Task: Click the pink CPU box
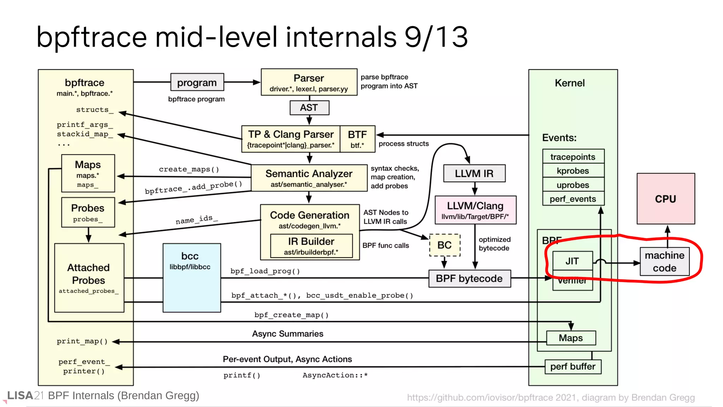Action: point(665,199)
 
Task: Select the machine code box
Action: point(664,261)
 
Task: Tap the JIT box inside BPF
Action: point(572,261)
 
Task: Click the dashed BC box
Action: point(444,245)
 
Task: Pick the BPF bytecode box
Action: point(469,278)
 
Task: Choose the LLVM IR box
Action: point(474,173)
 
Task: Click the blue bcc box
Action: point(192,278)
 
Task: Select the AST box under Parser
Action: point(309,108)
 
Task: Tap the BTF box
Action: point(357,139)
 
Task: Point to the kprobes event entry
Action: point(573,171)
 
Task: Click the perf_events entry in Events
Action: point(573,199)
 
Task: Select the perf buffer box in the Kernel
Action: point(573,366)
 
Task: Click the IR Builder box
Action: point(311,246)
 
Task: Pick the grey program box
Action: point(197,82)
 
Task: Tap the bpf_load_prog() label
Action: point(265,271)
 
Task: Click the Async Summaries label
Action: point(287,334)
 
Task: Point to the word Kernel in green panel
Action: point(569,83)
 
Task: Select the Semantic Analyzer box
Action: point(309,178)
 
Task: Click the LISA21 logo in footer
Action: point(25,395)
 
